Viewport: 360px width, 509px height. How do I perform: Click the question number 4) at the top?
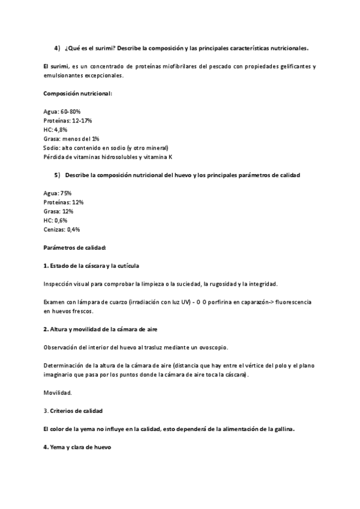(x=57, y=47)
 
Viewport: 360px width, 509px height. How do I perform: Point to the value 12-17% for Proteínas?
(x=80, y=121)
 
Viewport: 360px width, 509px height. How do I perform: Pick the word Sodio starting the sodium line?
(x=52, y=148)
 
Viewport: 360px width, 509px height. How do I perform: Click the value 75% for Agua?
(x=66, y=193)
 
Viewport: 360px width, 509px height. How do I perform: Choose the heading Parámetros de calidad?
(x=75, y=247)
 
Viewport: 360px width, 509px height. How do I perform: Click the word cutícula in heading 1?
(x=128, y=265)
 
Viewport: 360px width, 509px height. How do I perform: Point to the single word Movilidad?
(x=58, y=393)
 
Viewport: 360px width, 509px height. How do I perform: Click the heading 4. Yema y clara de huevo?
(x=77, y=447)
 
